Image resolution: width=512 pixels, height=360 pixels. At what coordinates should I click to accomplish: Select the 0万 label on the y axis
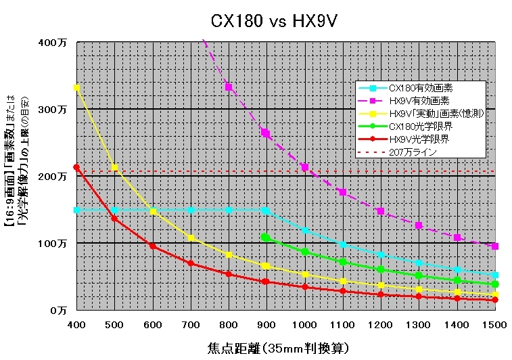(x=60, y=310)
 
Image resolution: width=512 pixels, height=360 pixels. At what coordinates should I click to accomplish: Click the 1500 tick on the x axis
(x=495, y=325)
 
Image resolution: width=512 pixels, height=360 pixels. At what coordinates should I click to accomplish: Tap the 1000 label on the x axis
(x=305, y=325)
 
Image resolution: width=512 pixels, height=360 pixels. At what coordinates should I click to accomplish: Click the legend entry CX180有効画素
(x=421, y=88)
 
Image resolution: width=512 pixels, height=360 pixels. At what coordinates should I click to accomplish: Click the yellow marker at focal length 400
(x=76, y=88)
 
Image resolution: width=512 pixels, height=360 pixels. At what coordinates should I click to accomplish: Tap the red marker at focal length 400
(x=76, y=167)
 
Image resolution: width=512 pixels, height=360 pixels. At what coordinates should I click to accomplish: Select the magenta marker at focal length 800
(x=229, y=87)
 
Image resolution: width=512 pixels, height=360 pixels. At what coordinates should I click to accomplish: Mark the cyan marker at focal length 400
(x=76, y=210)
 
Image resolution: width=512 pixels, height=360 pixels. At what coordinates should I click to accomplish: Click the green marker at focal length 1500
(x=495, y=284)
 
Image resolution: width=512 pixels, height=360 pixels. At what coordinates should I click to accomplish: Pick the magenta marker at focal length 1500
(x=495, y=246)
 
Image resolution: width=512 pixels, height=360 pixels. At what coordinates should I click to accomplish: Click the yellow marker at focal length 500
(x=114, y=167)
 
